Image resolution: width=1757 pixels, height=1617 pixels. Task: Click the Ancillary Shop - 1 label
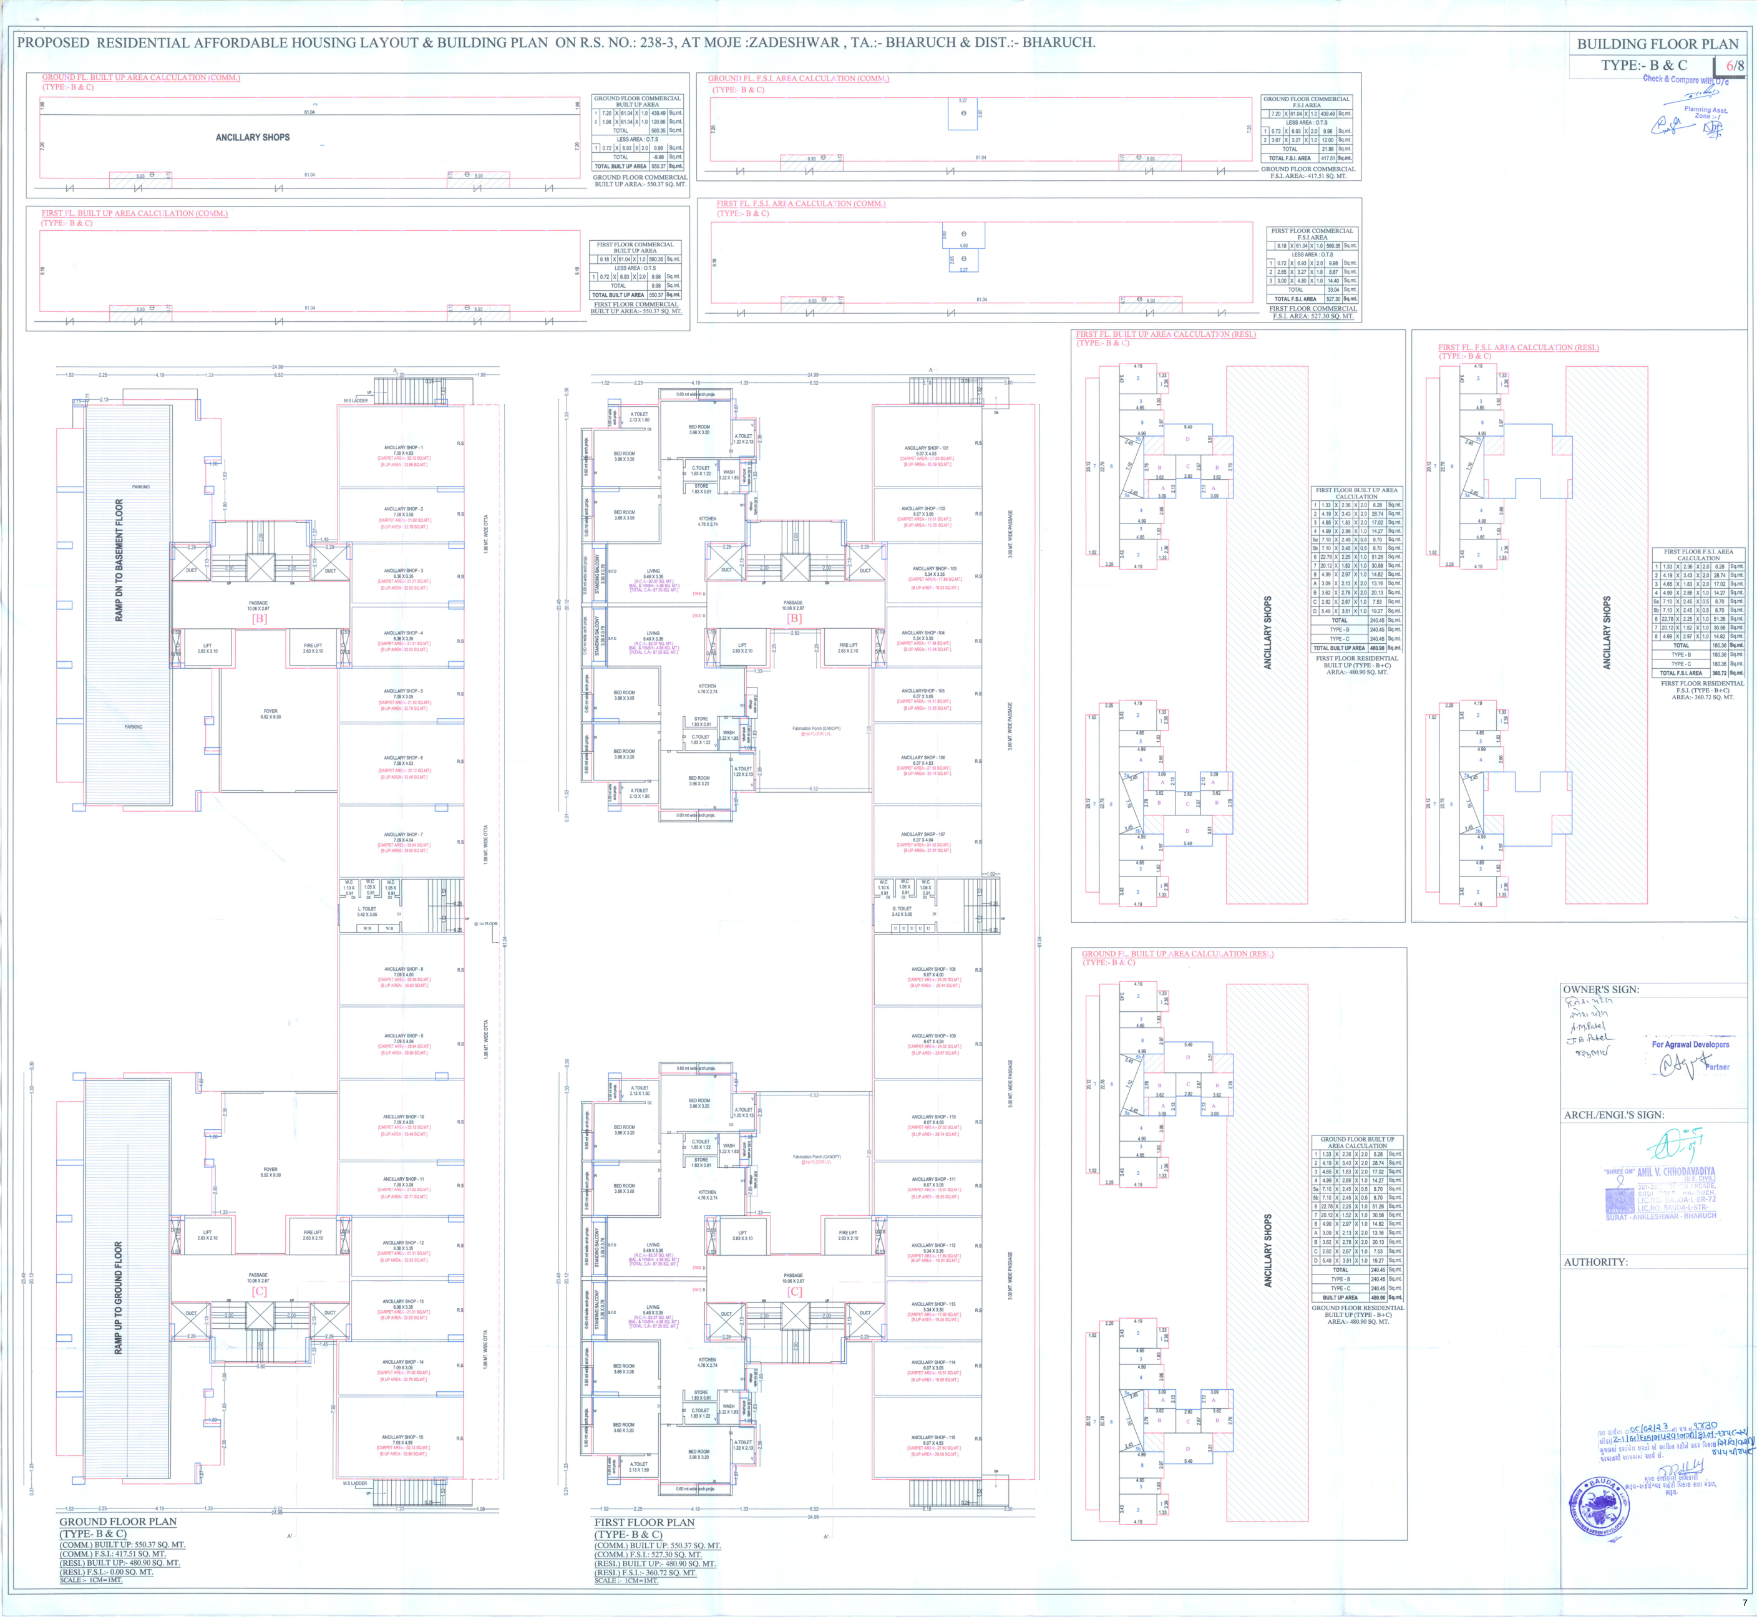402,447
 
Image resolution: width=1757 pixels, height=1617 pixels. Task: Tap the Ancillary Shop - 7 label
402,834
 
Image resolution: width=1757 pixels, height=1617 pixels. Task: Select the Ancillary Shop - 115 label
933,1437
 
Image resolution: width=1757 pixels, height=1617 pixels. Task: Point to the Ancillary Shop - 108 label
933,969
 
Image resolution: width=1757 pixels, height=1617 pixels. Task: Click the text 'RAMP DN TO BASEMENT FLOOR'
119,560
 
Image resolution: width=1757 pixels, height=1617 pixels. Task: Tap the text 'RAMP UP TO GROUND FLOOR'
119,1298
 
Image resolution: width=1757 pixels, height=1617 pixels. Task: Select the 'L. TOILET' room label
367,908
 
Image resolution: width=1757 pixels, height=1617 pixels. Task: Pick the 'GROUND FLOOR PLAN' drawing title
117,1522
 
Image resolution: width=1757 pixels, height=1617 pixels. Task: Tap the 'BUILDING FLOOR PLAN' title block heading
1657,44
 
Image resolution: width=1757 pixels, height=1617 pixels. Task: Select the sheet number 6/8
1735,66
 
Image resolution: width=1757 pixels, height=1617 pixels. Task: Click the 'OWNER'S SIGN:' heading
1601,989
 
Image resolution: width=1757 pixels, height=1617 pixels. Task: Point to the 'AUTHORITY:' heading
1596,1262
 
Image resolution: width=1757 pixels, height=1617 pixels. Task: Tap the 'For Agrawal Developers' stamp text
1690,1044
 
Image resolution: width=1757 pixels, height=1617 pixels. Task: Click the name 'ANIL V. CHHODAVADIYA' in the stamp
1676,1171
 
